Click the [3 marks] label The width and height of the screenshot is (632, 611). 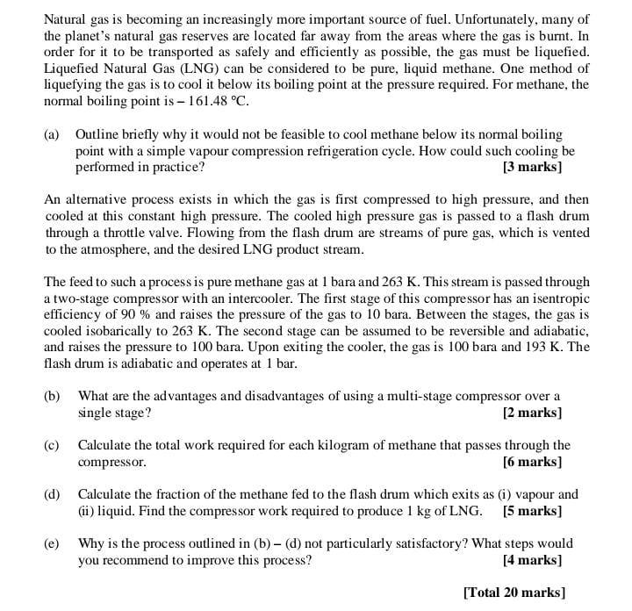(532, 166)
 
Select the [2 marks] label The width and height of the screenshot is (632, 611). (532, 412)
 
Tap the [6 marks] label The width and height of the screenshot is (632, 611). (532, 461)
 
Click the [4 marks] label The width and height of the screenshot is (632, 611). (532, 559)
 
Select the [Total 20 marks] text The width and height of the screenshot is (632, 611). (513, 592)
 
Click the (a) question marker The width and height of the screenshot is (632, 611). (52, 134)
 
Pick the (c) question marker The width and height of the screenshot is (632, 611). (52, 445)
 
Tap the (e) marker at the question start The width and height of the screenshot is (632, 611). (52, 543)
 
